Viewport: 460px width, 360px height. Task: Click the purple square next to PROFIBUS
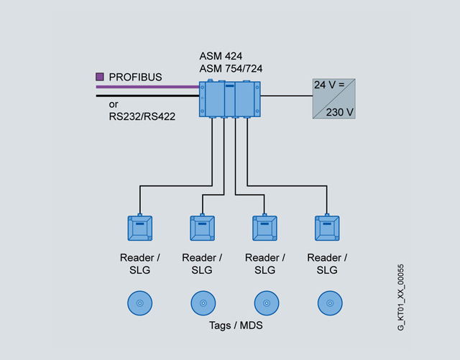(100, 75)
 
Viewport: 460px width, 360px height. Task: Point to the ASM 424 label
(221, 55)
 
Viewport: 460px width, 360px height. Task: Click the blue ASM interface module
(229, 99)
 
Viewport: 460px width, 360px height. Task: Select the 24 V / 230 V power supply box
(334, 98)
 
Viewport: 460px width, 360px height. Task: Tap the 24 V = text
(329, 86)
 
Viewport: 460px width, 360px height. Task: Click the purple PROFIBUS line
(147, 87)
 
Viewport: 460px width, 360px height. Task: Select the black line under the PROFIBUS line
(147, 95)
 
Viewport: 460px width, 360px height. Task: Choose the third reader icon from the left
(264, 229)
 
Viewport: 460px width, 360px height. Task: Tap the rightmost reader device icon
(327, 229)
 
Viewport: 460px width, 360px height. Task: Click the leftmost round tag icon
(139, 303)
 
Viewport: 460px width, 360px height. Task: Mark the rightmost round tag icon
(328, 303)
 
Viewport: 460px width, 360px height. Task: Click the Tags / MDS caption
(234, 326)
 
